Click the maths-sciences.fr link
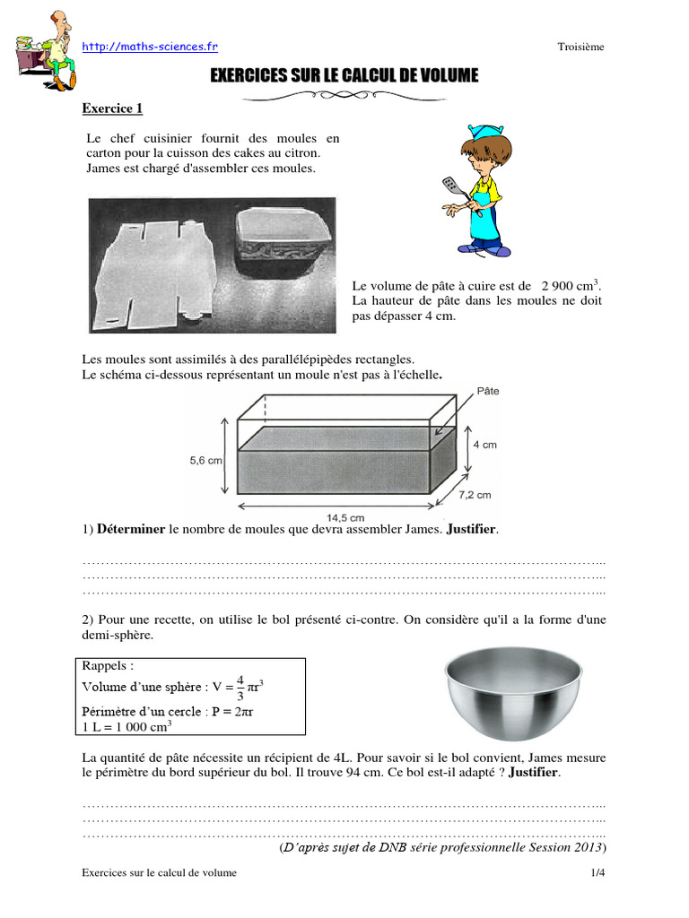pos(150,47)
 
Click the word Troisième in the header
pos(580,48)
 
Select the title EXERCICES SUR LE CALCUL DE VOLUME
pos(344,77)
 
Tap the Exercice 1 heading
pos(112,108)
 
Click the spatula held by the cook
pos(451,186)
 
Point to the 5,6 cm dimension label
pos(205,459)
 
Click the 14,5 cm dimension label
pos(344,517)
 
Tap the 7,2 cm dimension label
pos(475,494)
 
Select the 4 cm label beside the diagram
pos(484,445)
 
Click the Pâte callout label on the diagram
pos(489,392)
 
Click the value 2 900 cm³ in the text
pos(571,286)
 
